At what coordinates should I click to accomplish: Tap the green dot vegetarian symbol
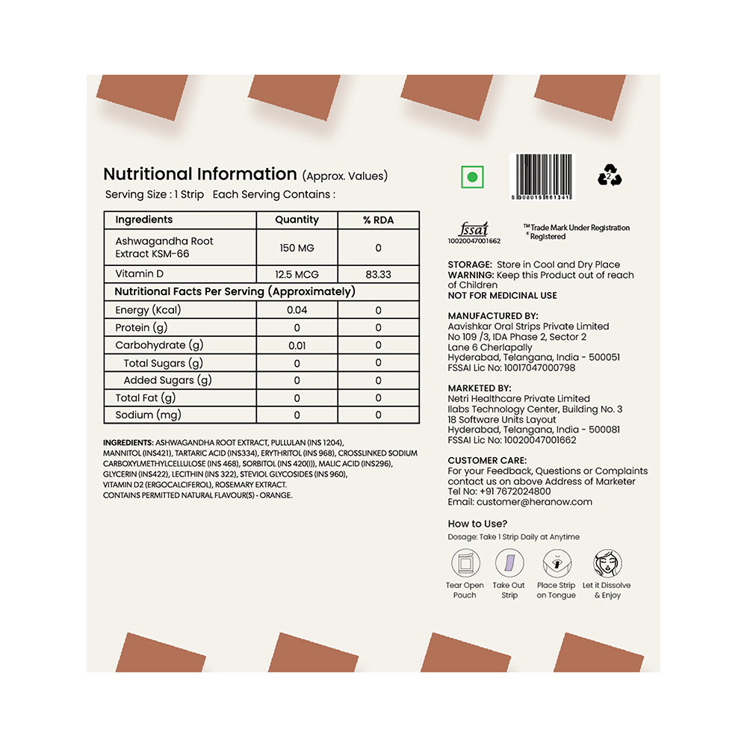tap(472, 178)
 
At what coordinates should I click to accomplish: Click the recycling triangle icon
tap(610, 177)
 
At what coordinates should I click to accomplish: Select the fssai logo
tap(472, 229)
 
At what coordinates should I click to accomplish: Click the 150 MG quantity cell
tap(297, 247)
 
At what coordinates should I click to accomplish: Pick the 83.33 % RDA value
tap(378, 274)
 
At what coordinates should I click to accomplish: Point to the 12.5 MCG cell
tap(297, 274)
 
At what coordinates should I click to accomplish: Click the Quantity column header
tap(297, 220)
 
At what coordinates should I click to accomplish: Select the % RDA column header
tap(378, 220)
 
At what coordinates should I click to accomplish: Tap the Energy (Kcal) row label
tap(148, 310)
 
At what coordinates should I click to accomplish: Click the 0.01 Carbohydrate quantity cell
tap(297, 345)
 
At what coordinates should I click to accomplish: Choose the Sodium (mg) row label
tap(148, 415)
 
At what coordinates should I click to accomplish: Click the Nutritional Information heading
tap(200, 174)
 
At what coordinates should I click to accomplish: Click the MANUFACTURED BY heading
tap(493, 316)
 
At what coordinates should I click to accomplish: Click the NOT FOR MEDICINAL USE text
tap(502, 295)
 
